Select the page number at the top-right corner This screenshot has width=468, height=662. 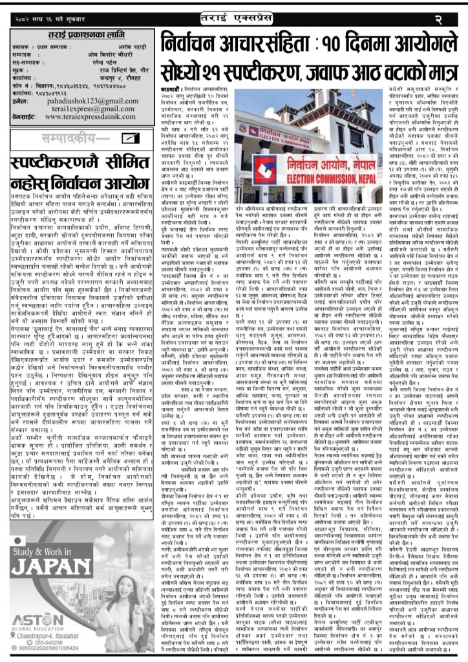tap(452, 7)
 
